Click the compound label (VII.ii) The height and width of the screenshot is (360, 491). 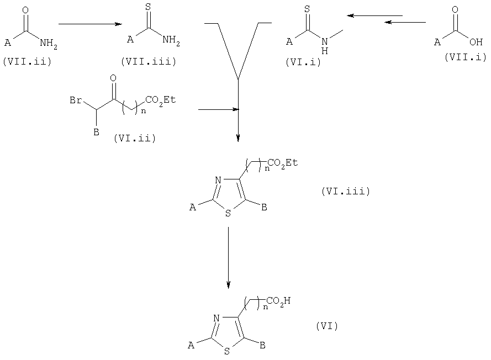[x=27, y=61]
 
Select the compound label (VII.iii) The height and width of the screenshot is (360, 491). [x=149, y=61]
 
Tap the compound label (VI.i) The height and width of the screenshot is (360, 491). [x=303, y=62]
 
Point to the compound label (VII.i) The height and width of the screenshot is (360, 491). [x=466, y=57]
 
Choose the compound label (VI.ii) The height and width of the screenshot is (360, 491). [x=135, y=138]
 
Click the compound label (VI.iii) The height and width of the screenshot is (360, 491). [x=346, y=191]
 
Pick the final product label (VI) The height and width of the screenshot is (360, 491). [x=327, y=326]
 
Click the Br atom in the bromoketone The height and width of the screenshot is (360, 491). [x=76, y=100]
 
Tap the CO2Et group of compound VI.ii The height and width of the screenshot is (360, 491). [x=160, y=100]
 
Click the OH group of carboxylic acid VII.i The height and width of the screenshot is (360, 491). [x=476, y=41]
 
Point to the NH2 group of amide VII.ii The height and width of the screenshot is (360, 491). [x=48, y=43]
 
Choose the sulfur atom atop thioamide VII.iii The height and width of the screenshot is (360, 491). [x=148, y=7]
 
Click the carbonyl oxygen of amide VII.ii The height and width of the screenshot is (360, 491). [x=25, y=10]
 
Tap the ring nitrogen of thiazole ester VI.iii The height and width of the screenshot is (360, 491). [x=218, y=181]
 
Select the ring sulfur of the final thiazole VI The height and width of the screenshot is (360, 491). [x=226, y=352]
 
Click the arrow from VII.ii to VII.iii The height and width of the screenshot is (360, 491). [x=90, y=24]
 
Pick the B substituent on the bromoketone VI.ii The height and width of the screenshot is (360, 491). [x=97, y=133]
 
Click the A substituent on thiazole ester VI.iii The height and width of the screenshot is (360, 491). [x=193, y=207]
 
